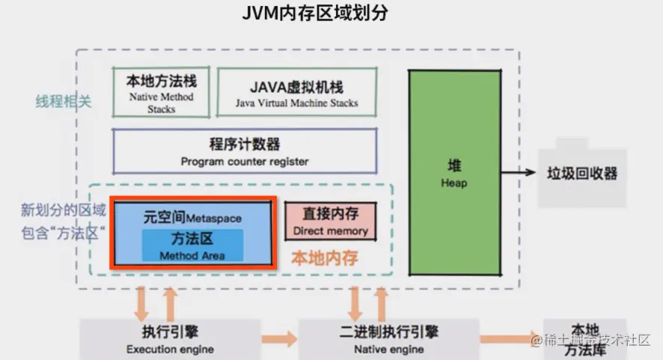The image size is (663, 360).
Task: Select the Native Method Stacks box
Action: tap(160, 92)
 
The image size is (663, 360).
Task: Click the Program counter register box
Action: tap(244, 152)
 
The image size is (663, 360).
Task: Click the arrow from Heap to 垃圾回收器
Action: tap(520, 173)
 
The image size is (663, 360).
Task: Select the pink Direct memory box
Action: tap(330, 221)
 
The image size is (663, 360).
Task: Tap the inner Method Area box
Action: tap(192, 246)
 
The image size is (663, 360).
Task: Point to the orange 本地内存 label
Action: tap(324, 258)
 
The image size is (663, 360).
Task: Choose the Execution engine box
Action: tap(170, 339)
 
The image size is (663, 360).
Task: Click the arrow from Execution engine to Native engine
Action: tap(279, 339)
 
